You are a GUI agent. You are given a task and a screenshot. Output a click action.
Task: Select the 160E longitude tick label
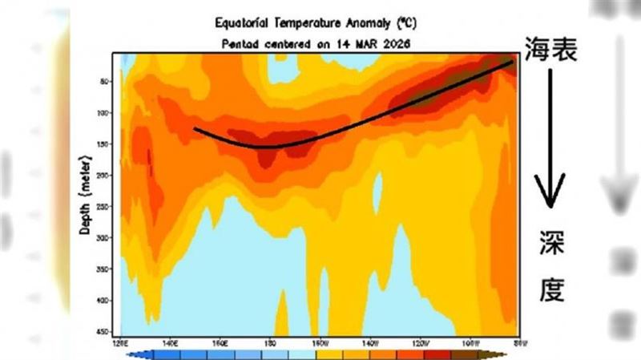[x=222, y=342]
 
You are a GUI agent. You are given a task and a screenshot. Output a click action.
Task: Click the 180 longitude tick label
[x=270, y=342]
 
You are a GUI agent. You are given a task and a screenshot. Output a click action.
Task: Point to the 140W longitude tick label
[x=369, y=342]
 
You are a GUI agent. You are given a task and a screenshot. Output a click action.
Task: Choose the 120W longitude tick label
[x=418, y=342]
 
